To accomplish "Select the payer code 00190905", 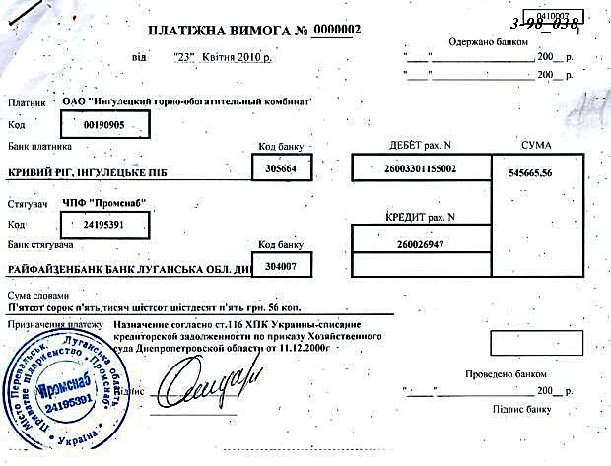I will (x=104, y=125).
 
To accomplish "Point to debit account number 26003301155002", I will (x=421, y=169).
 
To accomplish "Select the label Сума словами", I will (x=38, y=295).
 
